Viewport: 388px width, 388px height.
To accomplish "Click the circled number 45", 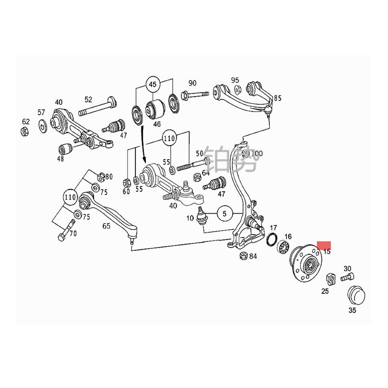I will (x=153, y=85).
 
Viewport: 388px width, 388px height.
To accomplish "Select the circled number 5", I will (x=225, y=212).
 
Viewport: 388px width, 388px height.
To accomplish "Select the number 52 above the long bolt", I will (x=88, y=99).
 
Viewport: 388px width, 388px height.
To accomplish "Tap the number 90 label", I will (x=193, y=83).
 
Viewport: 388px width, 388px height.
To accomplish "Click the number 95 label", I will (x=235, y=80).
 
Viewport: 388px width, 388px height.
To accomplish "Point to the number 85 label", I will (x=277, y=98).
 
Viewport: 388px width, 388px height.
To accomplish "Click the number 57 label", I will (x=41, y=113).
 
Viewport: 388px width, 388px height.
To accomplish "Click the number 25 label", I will (x=325, y=291).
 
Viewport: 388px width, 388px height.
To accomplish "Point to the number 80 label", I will (x=109, y=177).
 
